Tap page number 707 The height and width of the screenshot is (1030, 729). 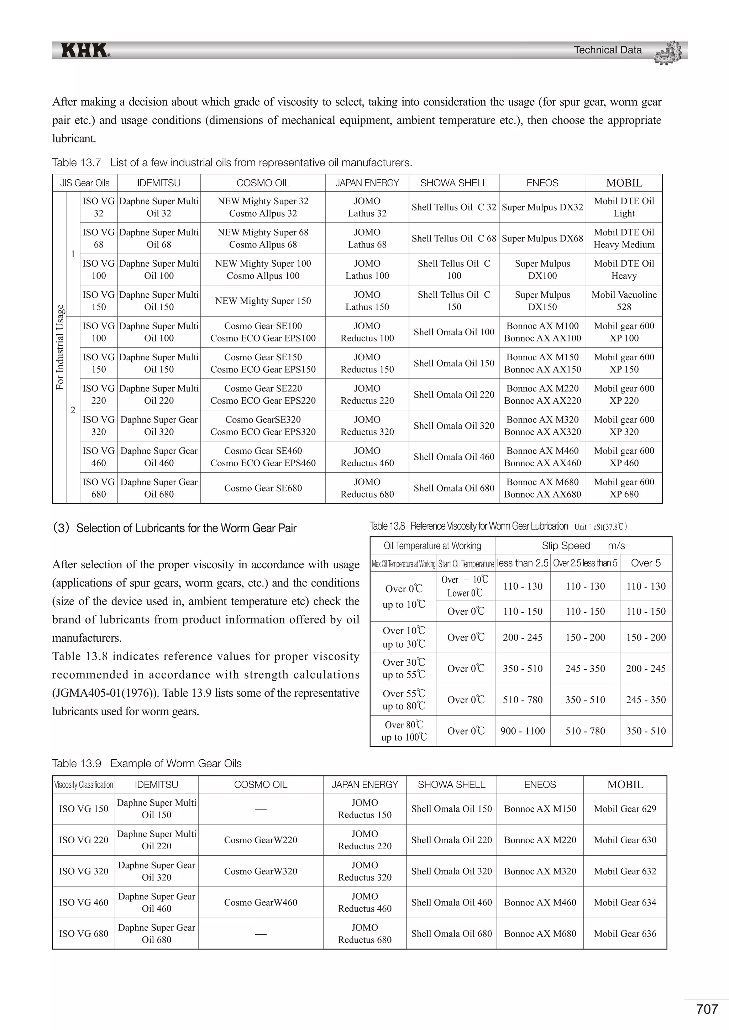click(707, 1009)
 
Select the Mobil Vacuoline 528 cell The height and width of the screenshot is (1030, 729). click(624, 301)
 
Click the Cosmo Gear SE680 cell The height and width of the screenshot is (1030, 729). click(263, 488)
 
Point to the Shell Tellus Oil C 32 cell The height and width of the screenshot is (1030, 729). click(453, 207)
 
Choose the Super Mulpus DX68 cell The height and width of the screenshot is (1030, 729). click(542, 238)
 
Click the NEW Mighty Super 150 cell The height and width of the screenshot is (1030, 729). click(263, 301)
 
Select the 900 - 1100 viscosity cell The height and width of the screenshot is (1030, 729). click(522, 731)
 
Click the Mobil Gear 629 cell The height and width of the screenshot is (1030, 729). click(624, 808)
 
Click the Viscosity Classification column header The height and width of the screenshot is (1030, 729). click(84, 785)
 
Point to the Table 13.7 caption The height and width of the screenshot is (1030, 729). click(232, 163)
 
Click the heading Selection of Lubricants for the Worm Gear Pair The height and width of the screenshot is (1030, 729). click(175, 528)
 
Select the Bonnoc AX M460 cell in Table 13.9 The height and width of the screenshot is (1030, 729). click(540, 902)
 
